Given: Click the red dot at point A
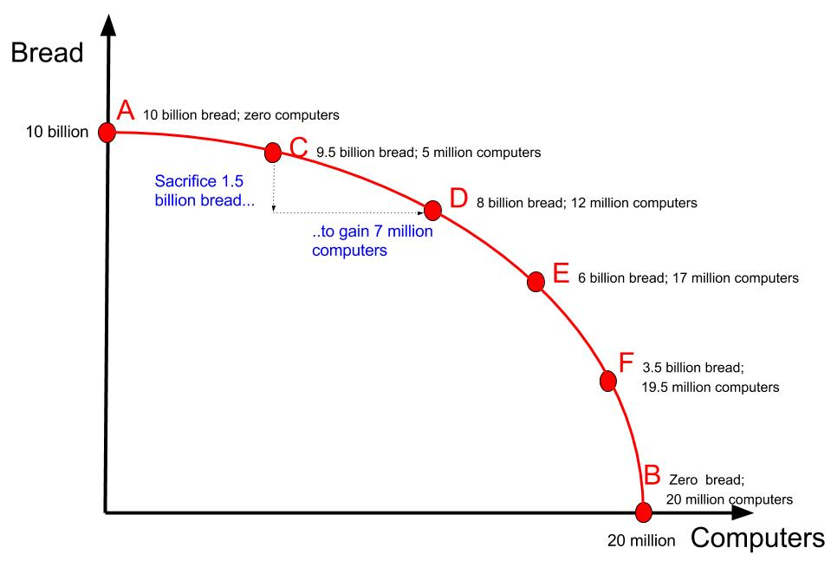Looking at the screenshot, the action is (107, 132).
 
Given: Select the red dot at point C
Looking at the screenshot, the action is (273, 153).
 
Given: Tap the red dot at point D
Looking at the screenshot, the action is (432, 210).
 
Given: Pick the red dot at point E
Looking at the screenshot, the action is (536, 280).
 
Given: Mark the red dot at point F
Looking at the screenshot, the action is (608, 381).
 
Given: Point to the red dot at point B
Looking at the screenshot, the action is (643, 512).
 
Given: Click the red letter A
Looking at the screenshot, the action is (126, 111).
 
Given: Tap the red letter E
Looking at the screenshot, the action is (561, 276).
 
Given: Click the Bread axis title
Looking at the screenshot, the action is (47, 52).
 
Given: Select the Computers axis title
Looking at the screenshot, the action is (757, 538).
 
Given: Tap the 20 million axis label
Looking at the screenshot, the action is (640, 540).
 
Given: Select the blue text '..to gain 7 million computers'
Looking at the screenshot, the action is (359, 241).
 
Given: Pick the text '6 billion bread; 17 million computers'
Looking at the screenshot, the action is (687, 279).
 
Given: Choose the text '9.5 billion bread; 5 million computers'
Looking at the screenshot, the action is (428, 153).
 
